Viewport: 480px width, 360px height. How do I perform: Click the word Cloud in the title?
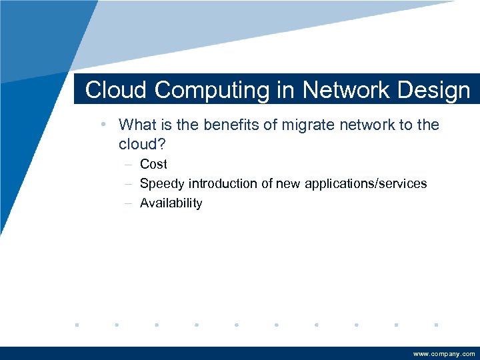pos(111,90)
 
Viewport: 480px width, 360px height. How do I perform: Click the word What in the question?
pos(136,125)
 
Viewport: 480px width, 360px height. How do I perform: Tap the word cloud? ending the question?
pos(141,144)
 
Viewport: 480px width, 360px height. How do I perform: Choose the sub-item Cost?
pos(153,164)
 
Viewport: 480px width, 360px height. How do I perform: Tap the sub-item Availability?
pos(171,203)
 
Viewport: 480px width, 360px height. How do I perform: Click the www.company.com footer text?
pos(444,354)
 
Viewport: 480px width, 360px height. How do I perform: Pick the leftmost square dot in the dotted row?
pos(77,325)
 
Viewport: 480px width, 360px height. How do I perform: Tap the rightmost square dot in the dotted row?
pos(435,325)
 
